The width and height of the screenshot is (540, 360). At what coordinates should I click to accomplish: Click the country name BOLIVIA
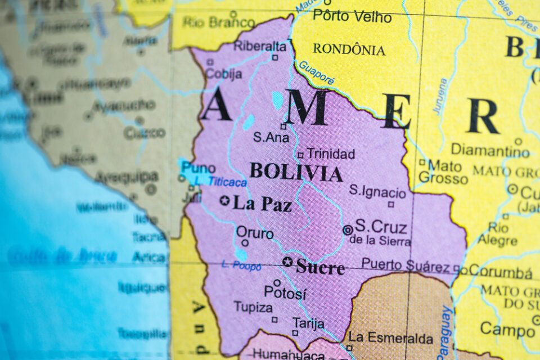coord(296,172)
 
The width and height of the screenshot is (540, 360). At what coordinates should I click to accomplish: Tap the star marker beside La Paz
coord(225,200)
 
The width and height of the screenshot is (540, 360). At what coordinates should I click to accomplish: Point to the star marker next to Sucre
coord(287,262)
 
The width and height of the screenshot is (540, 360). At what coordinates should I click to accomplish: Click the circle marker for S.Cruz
coord(348,229)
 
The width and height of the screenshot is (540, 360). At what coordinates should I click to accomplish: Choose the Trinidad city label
coord(331,154)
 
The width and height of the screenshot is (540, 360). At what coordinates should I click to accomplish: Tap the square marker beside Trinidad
coord(300,155)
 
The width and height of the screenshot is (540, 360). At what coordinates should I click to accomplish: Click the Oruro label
coord(255,232)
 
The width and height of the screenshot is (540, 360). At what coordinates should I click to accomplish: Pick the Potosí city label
coord(285,293)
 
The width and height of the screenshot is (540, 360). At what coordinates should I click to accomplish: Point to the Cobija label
coord(223,74)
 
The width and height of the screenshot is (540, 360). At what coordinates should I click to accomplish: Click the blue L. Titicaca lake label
coord(227,182)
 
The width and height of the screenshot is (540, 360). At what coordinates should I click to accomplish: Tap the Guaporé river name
coord(316,73)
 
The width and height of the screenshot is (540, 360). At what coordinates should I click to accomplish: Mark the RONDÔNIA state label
coord(349,49)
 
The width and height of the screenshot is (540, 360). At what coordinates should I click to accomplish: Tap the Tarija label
coord(308,323)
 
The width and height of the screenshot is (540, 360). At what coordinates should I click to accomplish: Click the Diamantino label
coord(490,150)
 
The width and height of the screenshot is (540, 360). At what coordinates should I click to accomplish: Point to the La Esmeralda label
coord(391,338)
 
